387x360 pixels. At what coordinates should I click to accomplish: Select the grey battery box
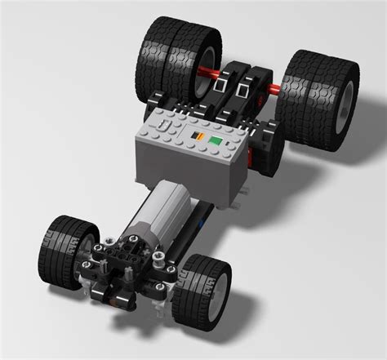192,155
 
